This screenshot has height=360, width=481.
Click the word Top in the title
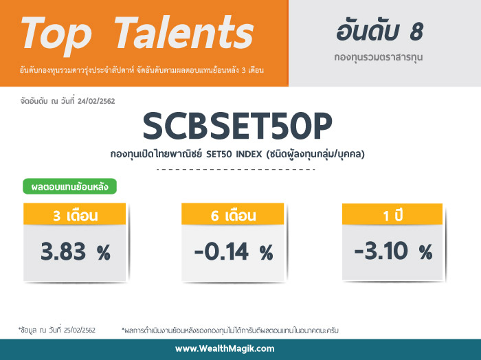pyautogui.click(x=56, y=36)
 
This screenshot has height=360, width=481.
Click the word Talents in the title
pyautogui.click(x=184, y=33)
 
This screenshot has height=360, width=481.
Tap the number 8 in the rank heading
pyautogui.click(x=416, y=32)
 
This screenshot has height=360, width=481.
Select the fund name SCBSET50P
pyautogui.click(x=238, y=126)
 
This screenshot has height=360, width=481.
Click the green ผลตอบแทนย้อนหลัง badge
pyautogui.click(x=69, y=186)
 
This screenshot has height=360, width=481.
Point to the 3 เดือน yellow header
pyautogui.click(x=74, y=214)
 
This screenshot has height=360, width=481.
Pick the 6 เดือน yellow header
pyautogui.click(x=233, y=214)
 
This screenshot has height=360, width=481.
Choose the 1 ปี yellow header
pyautogui.click(x=392, y=214)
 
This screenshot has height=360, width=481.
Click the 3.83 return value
pyautogui.click(x=63, y=251)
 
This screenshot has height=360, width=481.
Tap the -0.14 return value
pyautogui.click(x=221, y=251)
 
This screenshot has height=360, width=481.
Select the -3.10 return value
pyautogui.click(x=381, y=251)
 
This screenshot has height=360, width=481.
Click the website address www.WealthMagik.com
pyautogui.click(x=225, y=348)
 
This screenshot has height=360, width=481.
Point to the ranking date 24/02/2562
pyautogui.click(x=96, y=101)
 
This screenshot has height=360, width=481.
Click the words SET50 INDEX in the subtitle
pyautogui.click(x=234, y=154)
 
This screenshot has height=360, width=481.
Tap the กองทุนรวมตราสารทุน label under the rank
pyautogui.click(x=379, y=57)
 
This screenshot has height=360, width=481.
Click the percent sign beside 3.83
pyautogui.click(x=104, y=253)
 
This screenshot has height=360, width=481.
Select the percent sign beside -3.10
pyautogui.click(x=426, y=252)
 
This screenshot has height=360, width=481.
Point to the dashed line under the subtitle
pyautogui.click(x=236, y=169)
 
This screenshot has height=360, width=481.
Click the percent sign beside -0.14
pyautogui.click(x=267, y=253)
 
